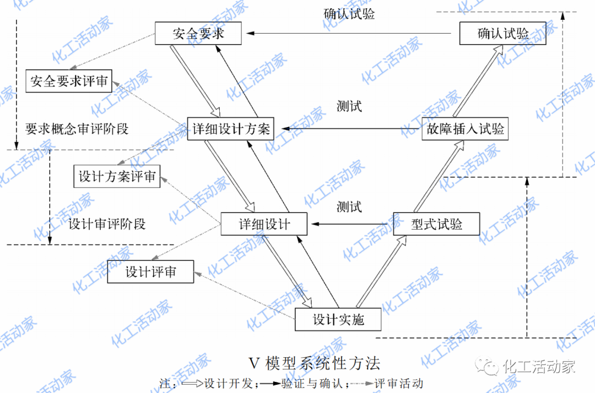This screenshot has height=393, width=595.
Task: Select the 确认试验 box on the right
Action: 503,34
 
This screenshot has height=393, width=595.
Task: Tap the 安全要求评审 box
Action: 69,82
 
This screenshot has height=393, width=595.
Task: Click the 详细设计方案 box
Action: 231,129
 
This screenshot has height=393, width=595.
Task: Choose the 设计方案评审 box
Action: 117,177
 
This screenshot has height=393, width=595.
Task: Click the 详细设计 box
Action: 264,225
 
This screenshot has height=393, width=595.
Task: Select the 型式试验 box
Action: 437,225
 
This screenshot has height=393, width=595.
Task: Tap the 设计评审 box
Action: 150,272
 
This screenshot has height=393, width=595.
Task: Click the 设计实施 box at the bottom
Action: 338,320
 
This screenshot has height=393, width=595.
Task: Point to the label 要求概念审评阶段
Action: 77,129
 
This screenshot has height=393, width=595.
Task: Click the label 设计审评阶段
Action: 107,225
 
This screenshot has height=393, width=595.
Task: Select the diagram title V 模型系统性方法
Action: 315,364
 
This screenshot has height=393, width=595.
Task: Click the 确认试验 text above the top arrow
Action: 349,14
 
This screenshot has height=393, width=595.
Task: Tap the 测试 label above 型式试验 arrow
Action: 349,208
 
